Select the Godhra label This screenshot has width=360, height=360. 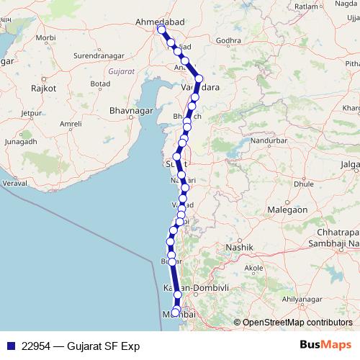coord(228,40)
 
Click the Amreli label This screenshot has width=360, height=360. coord(71,124)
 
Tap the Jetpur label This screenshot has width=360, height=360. coord(32,113)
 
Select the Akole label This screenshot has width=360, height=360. coord(253,267)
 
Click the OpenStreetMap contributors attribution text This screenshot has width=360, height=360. coord(297,323)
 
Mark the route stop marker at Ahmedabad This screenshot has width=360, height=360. coord(161,30)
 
